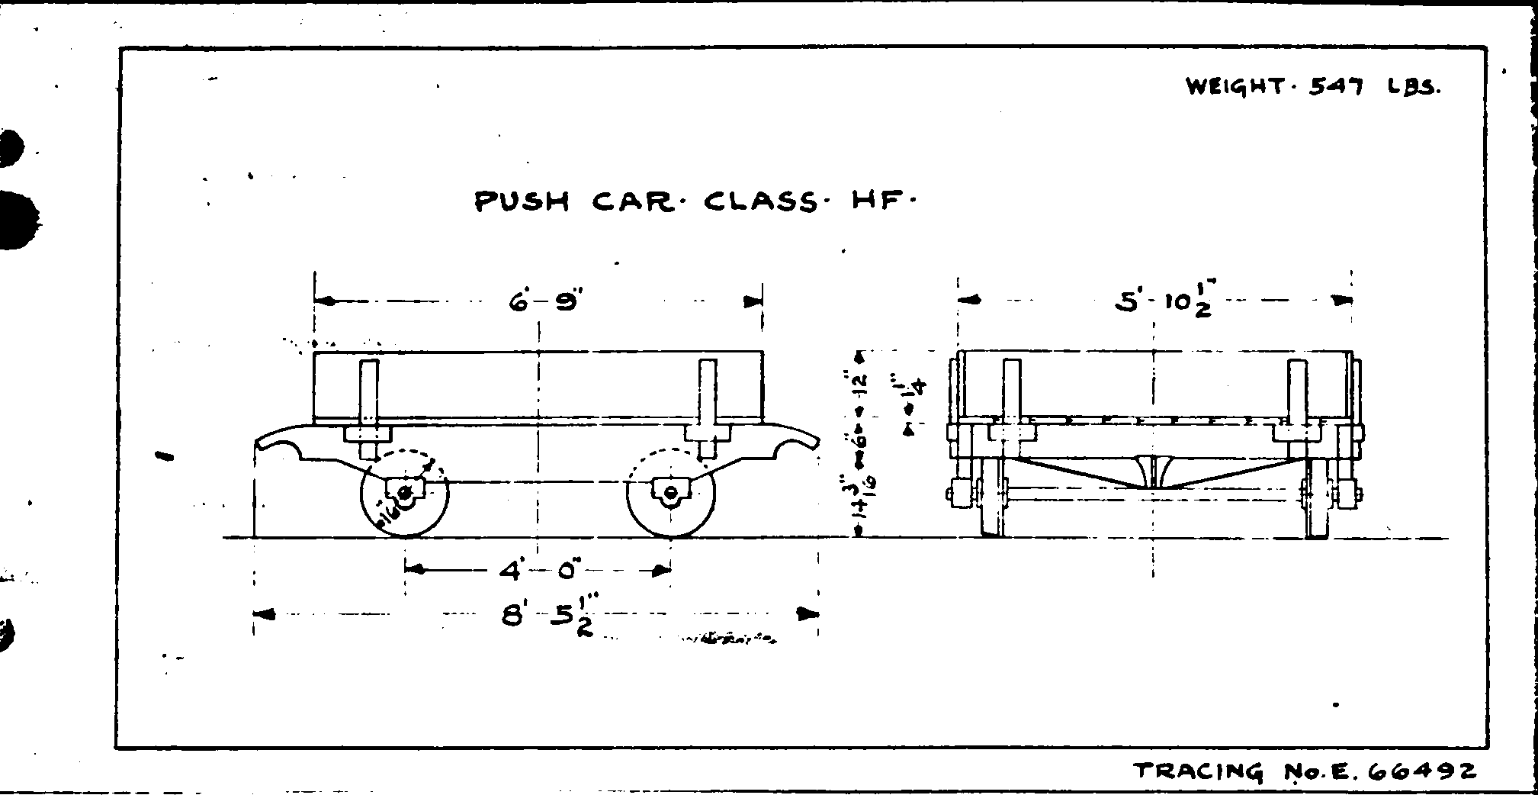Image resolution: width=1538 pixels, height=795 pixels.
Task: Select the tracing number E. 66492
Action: tap(1305, 771)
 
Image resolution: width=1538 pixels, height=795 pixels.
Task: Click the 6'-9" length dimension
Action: tap(544, 302)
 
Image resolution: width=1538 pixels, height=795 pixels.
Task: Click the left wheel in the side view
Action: tap(404, 493)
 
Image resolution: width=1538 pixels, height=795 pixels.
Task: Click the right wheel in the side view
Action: tap(670, 493)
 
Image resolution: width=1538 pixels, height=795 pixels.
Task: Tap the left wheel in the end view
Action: tap(990, 500)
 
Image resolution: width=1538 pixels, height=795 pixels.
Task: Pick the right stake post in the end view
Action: tap(1297, 393)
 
